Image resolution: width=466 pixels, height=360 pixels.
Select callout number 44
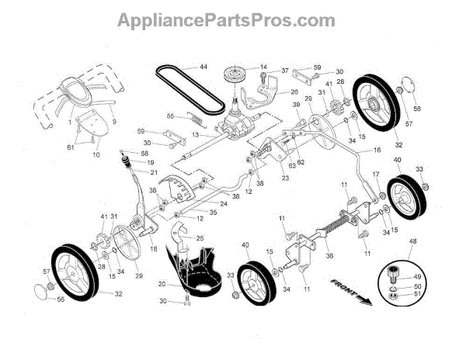[x=203, y=67]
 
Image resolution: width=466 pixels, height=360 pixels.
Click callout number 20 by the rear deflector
[x=162, y=283]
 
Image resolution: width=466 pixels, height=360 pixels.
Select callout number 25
[x=200, y=238]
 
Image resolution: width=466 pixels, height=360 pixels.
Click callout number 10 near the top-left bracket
[x=96, y=155]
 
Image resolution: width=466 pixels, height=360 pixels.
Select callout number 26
[x=273, y=92]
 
